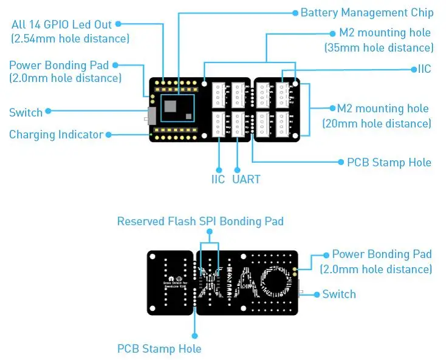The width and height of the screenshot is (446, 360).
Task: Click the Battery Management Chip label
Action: tap(367, 13)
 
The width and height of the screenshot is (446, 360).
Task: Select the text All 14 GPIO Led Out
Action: tap(61, 24)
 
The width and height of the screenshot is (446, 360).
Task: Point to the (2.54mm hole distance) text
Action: tap(70, 39)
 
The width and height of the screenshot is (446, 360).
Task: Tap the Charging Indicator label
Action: tap(56, 135)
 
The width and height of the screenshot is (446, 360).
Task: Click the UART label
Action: tap(246, 179)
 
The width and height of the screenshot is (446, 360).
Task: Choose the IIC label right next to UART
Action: tap(218, 179)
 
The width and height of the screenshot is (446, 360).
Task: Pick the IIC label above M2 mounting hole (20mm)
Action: tap(424, 69)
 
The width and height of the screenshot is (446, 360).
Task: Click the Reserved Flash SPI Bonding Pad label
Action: tap(200, 222)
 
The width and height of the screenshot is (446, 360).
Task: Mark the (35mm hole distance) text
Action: tap(379, 47)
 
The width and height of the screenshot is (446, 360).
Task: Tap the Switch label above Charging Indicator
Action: tap(26, 112)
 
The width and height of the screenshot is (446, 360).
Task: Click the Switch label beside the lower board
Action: tap(339, 294)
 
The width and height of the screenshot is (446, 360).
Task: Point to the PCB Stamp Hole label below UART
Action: tap(389, 162)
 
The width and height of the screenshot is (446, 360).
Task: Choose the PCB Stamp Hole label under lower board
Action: tap(159, 348)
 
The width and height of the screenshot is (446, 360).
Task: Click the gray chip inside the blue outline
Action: tap(171, 107)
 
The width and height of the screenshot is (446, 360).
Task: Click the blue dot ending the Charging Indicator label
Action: tap(109, 134)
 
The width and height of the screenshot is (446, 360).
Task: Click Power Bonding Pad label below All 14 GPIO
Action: tap(59, 65)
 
